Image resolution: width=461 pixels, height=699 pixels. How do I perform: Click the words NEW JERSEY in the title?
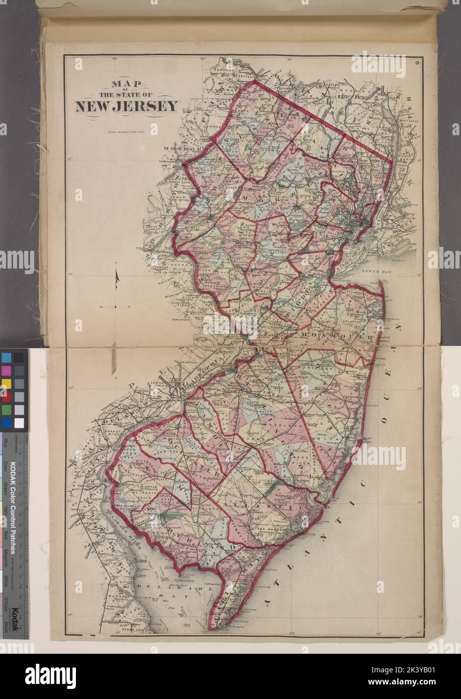point(127,106)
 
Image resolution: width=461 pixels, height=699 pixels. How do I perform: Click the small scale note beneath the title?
point(126,133)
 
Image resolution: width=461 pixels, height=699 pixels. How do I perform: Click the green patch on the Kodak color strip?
point(7,410)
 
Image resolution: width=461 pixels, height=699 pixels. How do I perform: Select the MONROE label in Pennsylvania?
point(174,150)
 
